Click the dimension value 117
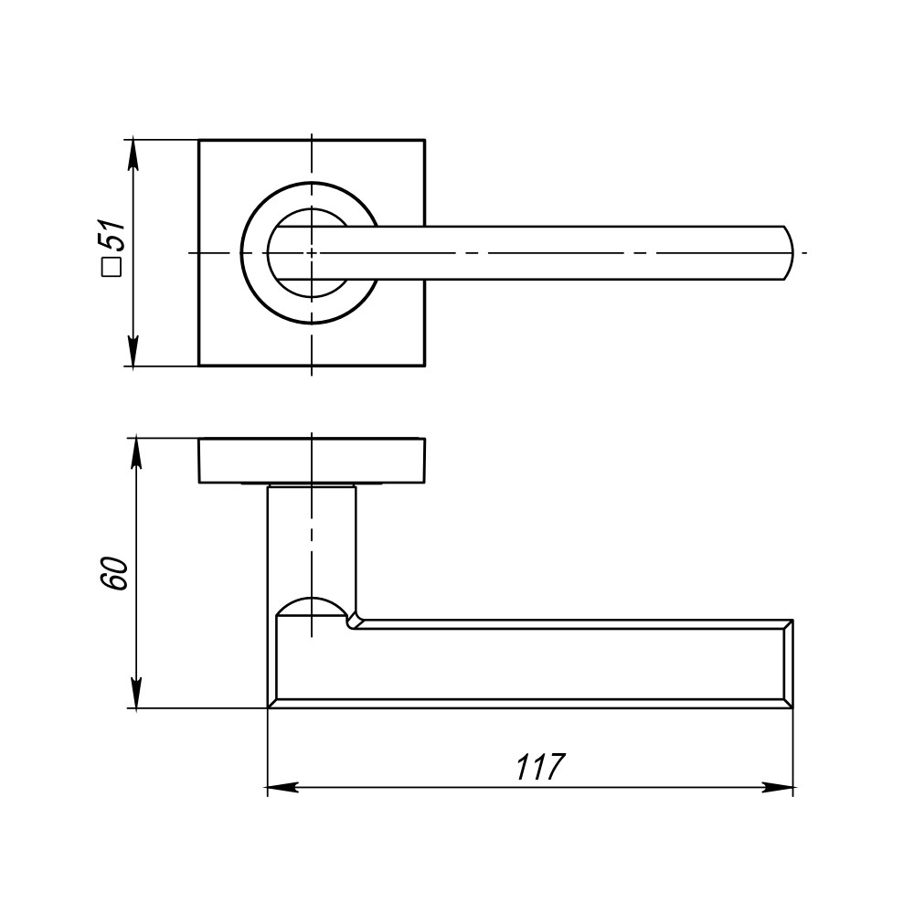tap(541, 766)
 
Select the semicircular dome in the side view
tap(312, 607)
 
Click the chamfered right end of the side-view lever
tap(787, 664)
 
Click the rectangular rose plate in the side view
tap(311, 460)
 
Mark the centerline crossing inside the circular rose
tap(312, 252)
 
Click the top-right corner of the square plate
tap(425, 140)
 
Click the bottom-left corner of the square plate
tap(199, 366)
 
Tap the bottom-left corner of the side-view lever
tap(269, 707)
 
